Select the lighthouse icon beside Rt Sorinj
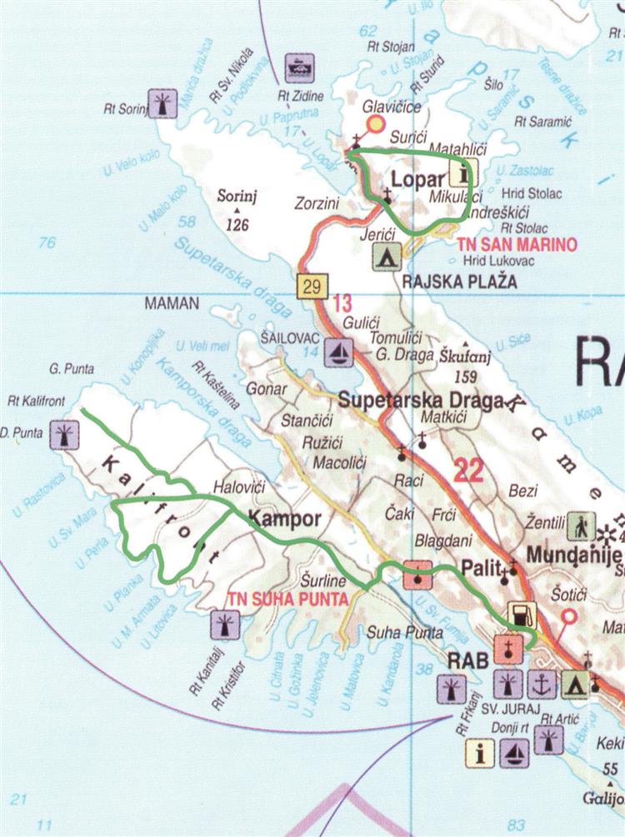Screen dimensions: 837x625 click(x=161, y=103)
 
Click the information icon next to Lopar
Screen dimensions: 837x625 click(x=459, y=173)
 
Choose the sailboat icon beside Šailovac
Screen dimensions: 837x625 click(x=337, y=351)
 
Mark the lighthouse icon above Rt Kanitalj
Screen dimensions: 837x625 click(x=225, y=623)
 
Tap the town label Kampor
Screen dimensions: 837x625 click(x=285, y=519)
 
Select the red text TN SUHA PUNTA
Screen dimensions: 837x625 click(x=277, y=597)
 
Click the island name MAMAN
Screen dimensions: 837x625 click(x=172, y=304)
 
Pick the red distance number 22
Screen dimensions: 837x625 click(x=469, y=471)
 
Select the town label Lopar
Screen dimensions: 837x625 click(x=413, y=181)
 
